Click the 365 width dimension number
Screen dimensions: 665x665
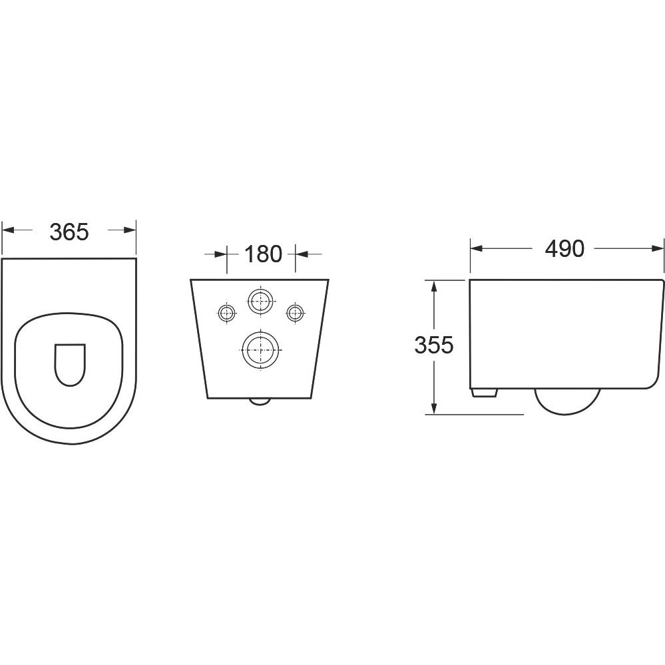tap(69, 232)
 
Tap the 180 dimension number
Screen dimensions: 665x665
tap(263, 254)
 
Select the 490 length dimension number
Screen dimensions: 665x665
tap(564, 248)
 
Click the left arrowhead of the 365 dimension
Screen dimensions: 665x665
tap(8, 230)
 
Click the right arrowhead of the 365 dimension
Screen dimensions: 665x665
tap(129, 230)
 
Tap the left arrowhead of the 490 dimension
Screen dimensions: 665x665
tap(477, 248)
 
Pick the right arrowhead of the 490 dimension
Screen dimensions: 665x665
tap(656, 248)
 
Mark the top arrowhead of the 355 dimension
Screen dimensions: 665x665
tap(433, 287)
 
